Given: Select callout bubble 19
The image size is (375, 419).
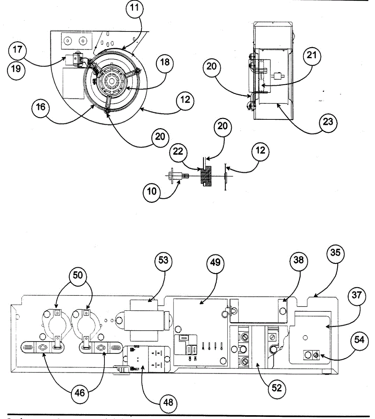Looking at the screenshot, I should click(16, 69).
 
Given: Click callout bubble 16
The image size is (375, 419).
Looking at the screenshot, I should click(41, 107).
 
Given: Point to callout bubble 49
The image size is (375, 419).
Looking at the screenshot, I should click(215, 262).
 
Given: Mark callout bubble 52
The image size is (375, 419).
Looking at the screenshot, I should click(276, 388).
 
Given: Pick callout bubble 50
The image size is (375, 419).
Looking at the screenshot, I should click(78, 275).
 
